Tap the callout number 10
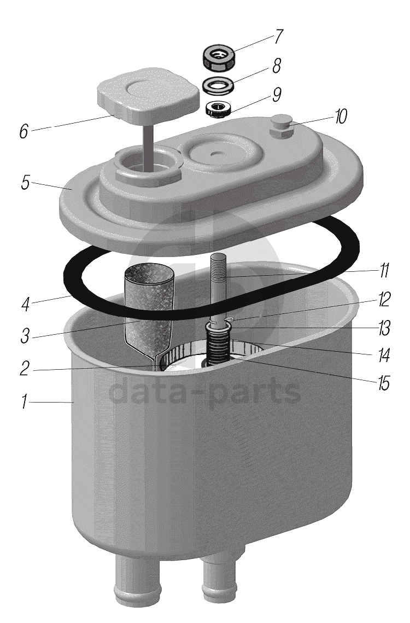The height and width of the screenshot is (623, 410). coord(341,116)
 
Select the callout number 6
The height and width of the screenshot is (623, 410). coord(24,131)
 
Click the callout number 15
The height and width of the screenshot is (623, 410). coord(383,383)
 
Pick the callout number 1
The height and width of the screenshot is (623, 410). coord(24,402)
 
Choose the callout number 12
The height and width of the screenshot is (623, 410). coord(384,299)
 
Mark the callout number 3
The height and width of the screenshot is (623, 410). coord(25,336)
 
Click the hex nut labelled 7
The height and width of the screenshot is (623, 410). coord(218,57)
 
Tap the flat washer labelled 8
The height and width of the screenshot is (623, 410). coord(218,85)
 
